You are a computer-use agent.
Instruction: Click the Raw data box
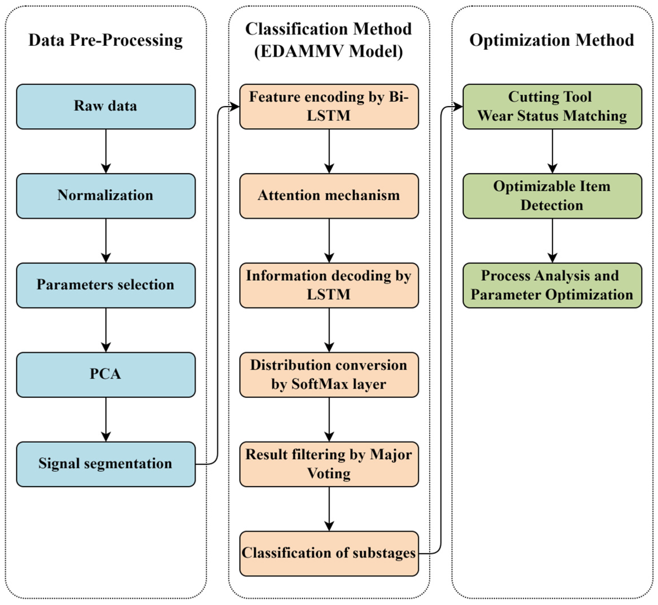[106, 106]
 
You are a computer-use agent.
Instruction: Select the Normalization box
[106, 196]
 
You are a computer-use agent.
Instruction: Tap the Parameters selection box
[106, 285]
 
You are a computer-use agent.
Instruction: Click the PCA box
[106, 374]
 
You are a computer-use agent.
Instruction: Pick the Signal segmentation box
[106, 464]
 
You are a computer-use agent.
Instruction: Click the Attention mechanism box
[329, 196]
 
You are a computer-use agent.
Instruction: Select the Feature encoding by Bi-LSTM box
[329, 106]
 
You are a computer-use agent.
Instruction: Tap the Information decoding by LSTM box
[329, 285]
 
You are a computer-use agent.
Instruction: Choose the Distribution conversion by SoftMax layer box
[329, 374]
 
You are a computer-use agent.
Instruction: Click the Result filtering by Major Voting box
[329, 464]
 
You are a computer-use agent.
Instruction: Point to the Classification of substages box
[329, 553]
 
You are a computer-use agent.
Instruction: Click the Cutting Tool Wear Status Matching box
[552, 106]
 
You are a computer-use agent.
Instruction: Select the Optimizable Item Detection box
[552, 196]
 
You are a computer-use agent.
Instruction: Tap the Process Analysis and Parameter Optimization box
[552, 285]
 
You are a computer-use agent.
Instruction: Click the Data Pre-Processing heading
[106, 40]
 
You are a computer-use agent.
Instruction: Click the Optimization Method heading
[552, 40]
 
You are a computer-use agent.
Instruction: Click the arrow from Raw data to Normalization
[106, 151]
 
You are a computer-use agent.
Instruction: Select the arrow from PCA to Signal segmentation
[106, 419]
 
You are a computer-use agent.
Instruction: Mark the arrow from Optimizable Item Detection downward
[552, 240]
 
